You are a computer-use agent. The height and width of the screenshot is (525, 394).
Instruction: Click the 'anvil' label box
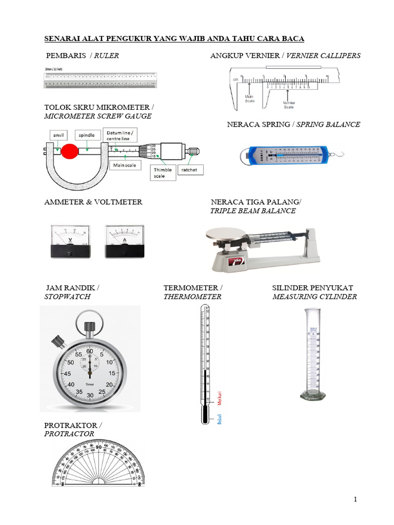pyautogui.click(x=58, y=135)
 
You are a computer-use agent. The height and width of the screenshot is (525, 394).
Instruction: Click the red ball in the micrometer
pyautogui.click(x=69, y=151)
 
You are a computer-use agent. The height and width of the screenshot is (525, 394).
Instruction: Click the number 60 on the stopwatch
pyautogui.click(x=90, y=351)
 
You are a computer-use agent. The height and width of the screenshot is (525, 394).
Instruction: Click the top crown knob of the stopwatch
pyautogui.click(x=90, y=327)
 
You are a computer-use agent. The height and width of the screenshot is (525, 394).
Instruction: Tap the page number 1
pyautogui.click(x=354, y=499)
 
